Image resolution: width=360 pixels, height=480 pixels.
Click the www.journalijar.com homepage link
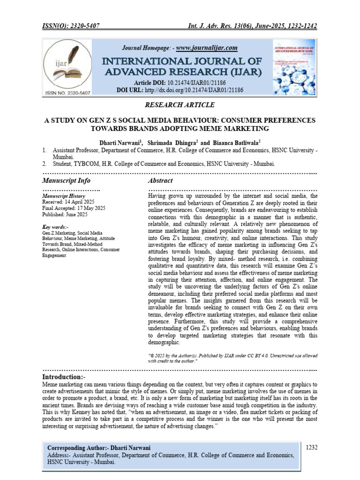[207, 48]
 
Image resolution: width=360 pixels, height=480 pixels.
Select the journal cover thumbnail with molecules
[294, 67]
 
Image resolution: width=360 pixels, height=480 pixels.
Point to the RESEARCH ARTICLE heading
[180, 104]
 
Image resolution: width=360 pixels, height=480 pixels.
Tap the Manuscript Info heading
[66, 180]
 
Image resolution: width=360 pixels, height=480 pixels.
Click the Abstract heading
[160, 180]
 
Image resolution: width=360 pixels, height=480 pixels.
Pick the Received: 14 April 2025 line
[69, 201]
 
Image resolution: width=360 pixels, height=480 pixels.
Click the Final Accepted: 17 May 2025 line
[74, 208]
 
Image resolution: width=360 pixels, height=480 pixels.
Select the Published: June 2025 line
[65, 214]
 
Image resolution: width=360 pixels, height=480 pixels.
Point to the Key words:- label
[55, 227]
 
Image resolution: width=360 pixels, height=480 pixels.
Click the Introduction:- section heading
[64, 377]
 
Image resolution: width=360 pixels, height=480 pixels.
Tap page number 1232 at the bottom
[311, 447]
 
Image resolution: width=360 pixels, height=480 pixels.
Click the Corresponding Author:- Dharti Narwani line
[102, 447]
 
